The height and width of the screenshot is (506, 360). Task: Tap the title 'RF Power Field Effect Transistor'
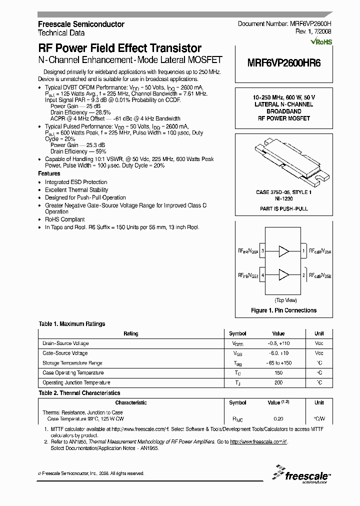[x=120, y=48]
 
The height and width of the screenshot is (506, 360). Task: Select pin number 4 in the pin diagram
[x=263, y=274]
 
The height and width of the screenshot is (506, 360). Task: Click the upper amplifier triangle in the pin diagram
[x=283, y=250]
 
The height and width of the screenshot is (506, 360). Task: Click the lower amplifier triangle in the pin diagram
[x=283, y=274]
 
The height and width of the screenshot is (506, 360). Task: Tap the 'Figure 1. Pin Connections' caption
[x=284, y=310]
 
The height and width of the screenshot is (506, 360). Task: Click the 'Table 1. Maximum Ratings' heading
[x=72, y=324]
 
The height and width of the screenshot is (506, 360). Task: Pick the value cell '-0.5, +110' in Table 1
[x=278, y=343]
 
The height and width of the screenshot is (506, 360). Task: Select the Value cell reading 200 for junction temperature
[x=278, y=382]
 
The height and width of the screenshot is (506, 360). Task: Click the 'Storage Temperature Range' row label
[x=72, y=363]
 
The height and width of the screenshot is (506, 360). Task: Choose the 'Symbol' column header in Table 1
[x=237, y=333]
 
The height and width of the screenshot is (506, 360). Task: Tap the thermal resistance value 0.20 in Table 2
[x=278, y=418]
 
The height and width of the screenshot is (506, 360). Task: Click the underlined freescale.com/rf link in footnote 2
[x=258, y=442]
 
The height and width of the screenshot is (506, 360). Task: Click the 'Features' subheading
[x=49, y=173]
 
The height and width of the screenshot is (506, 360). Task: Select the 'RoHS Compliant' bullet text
[x=65, y=219]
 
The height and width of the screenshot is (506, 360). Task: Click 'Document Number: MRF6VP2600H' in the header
[x=284, y=24]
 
